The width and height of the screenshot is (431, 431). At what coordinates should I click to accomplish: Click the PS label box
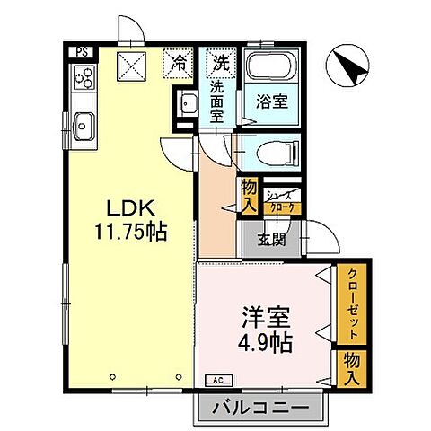(82, 52)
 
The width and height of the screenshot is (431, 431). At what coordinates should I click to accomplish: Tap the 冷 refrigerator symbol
(179, 63)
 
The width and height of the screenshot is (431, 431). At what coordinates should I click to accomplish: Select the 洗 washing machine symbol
(218, 63)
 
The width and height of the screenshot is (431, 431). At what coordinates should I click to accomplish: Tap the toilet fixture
(268, 153)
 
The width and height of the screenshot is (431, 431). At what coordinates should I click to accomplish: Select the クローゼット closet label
(354, 305)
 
